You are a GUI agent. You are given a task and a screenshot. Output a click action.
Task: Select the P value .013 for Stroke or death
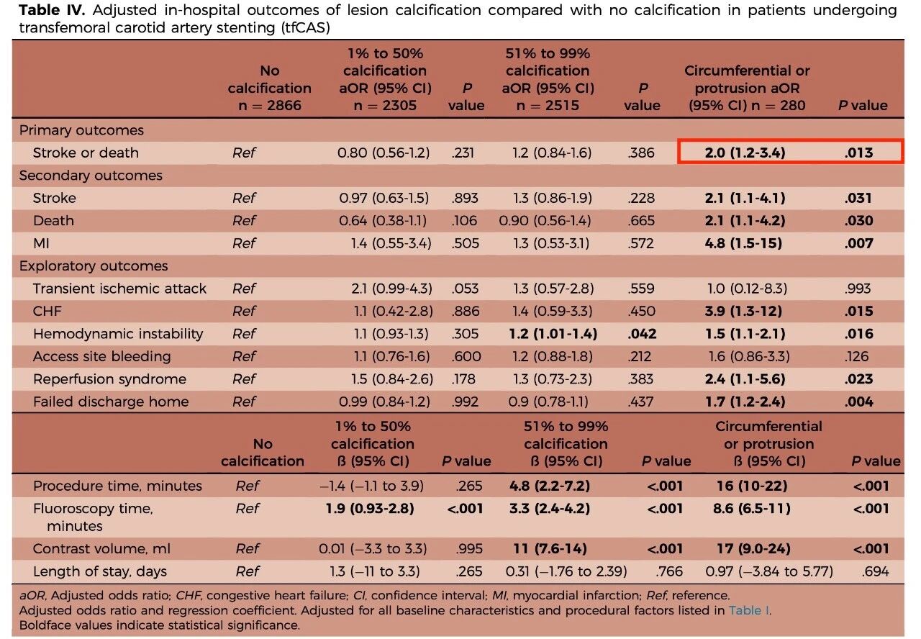point(859,153)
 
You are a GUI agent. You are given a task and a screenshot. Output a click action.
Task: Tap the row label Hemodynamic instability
point(118,334)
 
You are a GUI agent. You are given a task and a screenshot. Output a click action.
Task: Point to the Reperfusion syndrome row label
point(109,379)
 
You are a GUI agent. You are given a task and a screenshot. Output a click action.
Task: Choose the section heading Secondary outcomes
point(91,176)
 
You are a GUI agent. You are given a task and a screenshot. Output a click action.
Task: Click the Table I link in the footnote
point(749,611)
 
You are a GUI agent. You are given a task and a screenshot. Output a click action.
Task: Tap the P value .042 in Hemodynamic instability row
point(641,334)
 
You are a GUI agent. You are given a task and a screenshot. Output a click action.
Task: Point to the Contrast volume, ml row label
point(101,549)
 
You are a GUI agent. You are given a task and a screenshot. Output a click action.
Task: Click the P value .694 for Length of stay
point(875,572)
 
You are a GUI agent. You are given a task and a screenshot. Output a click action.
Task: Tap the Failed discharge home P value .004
point(859,402)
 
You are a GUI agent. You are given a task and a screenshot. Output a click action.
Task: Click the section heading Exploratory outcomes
point(94,266)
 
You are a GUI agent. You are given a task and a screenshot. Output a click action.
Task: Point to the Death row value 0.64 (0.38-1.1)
point(385,221)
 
